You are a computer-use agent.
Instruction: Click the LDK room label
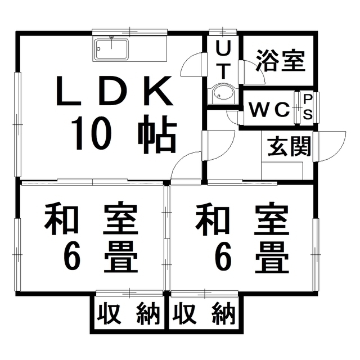(114, 91)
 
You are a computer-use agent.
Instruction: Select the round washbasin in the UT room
(223, 94)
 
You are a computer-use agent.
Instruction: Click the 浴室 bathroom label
(281, 60)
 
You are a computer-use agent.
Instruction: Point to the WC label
(269, 110)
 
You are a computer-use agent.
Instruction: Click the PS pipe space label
(308, 107)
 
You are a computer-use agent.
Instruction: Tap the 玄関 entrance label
(289, 146)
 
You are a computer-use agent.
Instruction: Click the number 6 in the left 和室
(72, 258)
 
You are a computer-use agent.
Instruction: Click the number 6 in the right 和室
(223, 258)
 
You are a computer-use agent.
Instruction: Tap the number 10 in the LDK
(91, 133)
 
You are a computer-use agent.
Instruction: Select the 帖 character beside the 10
(157, 134)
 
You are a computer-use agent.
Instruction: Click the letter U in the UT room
(223, 48)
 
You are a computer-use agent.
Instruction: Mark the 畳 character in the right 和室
(272, 258)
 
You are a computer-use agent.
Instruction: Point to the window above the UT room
(223, 32)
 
